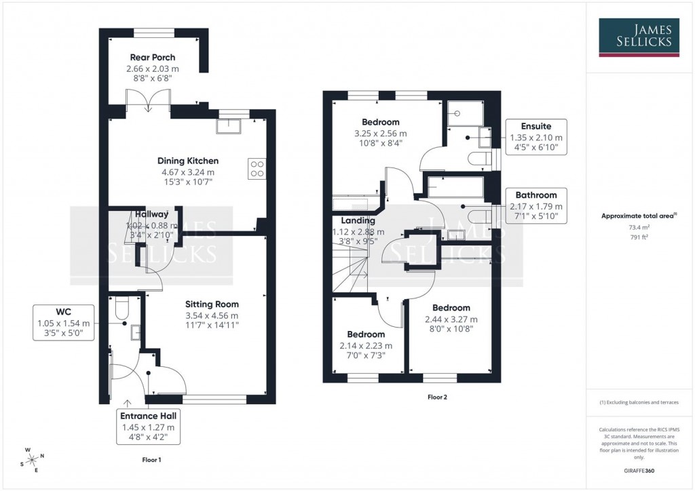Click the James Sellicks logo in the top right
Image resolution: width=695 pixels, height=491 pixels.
pyautogui.click(x=639, y=37)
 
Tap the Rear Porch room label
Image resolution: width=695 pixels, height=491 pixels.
pyautogui.click(x=153, y=58)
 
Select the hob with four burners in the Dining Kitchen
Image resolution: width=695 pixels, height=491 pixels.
pyautogui.click(x=257, y=168)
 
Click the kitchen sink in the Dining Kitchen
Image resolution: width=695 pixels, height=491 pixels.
pyautogui.click(x=229, y=125)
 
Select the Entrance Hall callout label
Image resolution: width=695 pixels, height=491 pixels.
pyautogui.click(x=148, y=427)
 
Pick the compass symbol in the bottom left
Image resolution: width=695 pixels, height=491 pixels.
pyautogui.click(x=32, y=459)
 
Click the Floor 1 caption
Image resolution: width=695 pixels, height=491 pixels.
pyautogui.click(x=152, y=460)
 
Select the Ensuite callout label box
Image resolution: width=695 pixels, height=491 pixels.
pyautogui.click(x=536, y=137)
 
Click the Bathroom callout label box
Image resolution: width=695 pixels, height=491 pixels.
pyautogui.click(x=536, y=205)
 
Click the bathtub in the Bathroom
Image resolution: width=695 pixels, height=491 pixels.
pyautogui.click(x=456, y=186)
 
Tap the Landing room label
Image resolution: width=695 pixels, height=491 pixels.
pyautogui.click(x=358, y=221)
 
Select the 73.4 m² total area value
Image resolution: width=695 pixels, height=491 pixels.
pyautogui.click(x=638, y=229)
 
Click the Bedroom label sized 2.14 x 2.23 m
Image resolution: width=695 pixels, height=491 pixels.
pyautogui.click(x=366, y=334)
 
